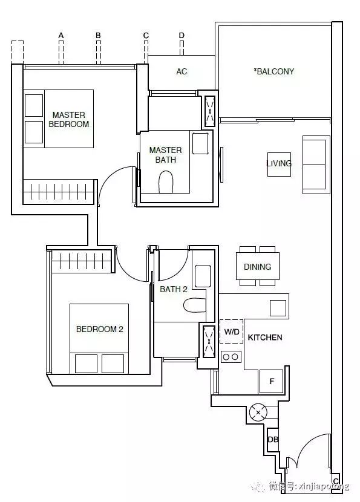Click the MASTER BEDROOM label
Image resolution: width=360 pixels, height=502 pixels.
click(69, 119)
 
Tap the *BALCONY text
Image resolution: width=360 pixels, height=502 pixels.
click(274, 71)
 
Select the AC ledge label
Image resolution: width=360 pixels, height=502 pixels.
click(182, 71)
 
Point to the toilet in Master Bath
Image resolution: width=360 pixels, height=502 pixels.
click(166, 182)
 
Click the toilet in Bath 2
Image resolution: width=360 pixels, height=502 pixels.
click(194, 305)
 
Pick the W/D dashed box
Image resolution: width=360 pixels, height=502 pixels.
click(232, 331)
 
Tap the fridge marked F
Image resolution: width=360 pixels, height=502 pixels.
click(271, 381)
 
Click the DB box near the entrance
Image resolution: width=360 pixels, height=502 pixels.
click(273, 440)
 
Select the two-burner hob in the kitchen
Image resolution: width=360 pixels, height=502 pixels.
click(231, 357)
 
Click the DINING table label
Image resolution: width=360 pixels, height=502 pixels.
click(258, 267)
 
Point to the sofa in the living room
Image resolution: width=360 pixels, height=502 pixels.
click(316, 165)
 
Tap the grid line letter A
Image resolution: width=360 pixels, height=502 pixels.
click(61, 35)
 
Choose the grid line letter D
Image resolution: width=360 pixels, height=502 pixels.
click(182, 35)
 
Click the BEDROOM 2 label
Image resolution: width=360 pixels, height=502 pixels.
click(100, 329)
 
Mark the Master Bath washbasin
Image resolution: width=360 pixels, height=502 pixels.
click(200, 143)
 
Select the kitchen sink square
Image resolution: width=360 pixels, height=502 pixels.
click(278, 308)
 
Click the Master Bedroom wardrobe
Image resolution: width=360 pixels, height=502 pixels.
click(59, 192)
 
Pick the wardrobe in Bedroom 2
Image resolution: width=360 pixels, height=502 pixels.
click(81, 261)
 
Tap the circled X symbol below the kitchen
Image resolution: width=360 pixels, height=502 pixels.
click(258, 412)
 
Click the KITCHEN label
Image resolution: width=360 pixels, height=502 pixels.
click(265, 337)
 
